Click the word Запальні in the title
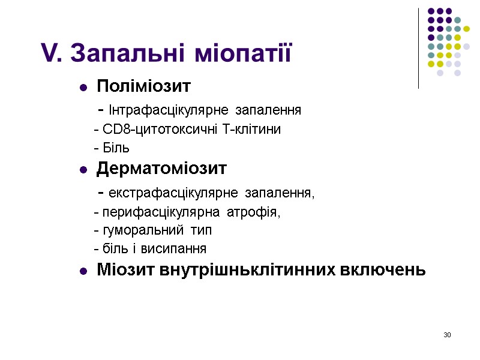(124, 53)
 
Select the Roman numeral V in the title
(48, 53)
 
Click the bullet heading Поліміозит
(143, 87)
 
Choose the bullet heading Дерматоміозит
(161, 169)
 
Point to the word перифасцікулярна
(154, 212)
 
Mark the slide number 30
(447, 334)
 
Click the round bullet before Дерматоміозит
(83, 170)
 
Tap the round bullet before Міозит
(83, 272)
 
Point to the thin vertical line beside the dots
(418, 48)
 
